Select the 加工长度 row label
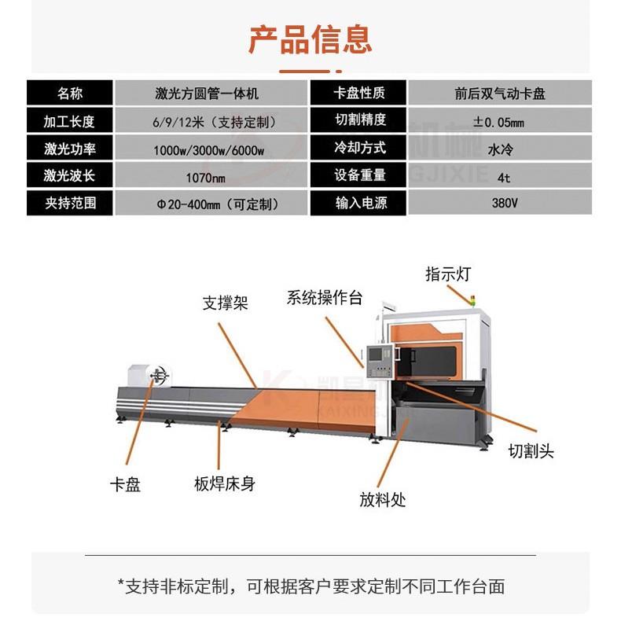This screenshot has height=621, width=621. coord(69,121)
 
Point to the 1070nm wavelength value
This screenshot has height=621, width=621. coord(207,176)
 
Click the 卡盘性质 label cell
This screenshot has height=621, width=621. coord(359,94)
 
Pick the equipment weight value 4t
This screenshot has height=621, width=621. coord(498,176)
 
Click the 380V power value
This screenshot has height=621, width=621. coord(498,204)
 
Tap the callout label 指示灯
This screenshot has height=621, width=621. coord(448,274)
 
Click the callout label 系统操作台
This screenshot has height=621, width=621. coord(325,297)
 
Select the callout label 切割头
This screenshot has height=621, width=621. coord(531,452)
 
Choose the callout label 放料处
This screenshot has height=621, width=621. coord(383,500)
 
